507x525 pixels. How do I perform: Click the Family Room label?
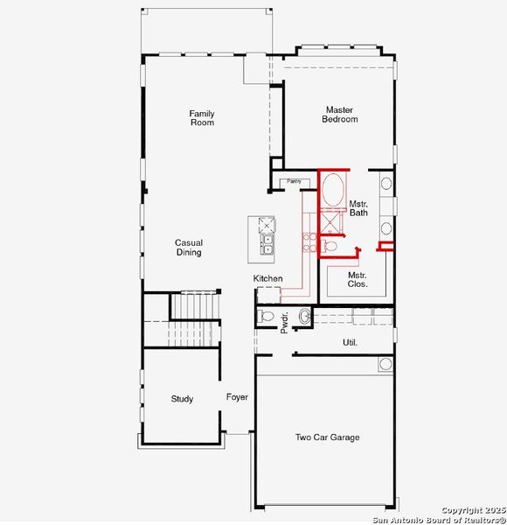click(x=202, y=118)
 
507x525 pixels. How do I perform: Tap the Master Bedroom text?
click(x=339, y=115)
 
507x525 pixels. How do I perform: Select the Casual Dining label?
click(x=188, y=248)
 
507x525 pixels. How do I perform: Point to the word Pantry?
click(x=293, y=182)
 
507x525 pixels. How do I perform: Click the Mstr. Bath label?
click(x=358, y=207)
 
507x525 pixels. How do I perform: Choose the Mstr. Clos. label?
click(x=357, y=279)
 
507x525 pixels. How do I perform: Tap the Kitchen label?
click(x=268, y=278)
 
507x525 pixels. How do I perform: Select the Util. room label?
click(x=350, y=342)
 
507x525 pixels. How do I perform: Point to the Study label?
click(x=182, y=399)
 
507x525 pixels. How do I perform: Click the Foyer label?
click(x=237, y=397)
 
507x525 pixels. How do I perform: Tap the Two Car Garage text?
click(x=327, y=437)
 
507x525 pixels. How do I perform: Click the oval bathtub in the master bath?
click(x=332, y=191)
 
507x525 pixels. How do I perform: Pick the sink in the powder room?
click(x=304, y=316)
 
